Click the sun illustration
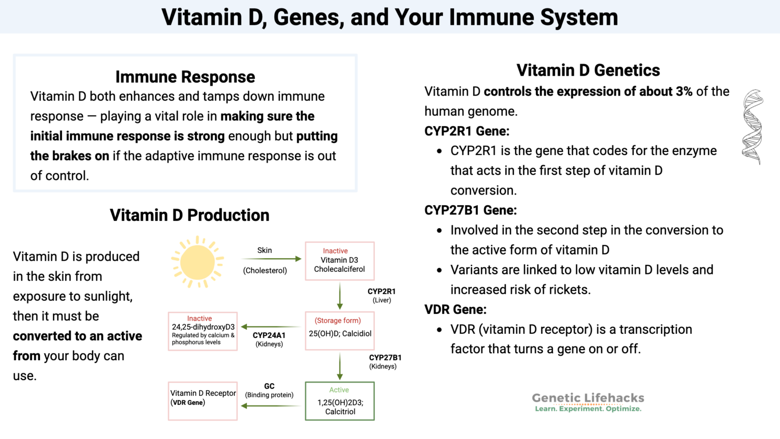tap(198, 262)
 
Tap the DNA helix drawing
tap(753, 127)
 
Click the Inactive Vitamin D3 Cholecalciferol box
tap(339, 261)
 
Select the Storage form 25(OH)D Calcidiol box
tap(339, 331)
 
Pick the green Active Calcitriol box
tap(339, 401)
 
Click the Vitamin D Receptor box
tap(203, 401)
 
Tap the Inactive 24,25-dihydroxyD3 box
tap(203, 331)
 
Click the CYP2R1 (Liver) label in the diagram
tap(381, 295)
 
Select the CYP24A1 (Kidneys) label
tap(269, 339)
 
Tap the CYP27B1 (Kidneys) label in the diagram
tap(384, 361)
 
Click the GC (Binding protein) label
tap(269, 390)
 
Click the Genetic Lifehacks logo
tap(588, 401)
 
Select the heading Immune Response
tap(185, 77)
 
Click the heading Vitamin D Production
tap(189, 215)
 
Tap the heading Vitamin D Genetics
tap(588, 70)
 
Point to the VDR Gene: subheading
tap(455, 309)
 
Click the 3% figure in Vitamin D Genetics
tap(684, 91)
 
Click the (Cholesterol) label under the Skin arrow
tap(265, 270)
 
